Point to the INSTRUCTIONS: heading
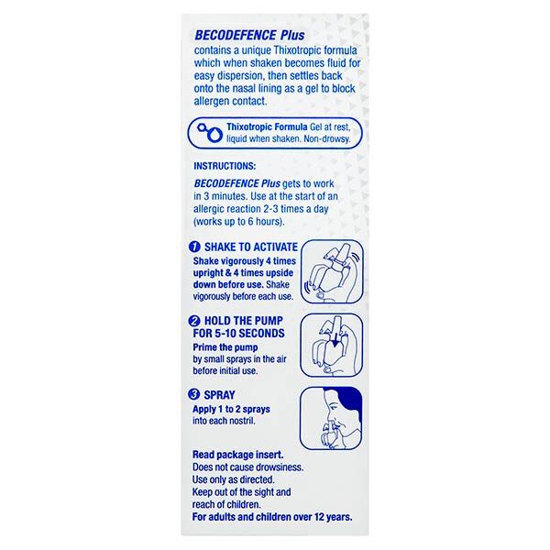[231, 168]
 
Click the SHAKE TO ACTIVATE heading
[249, 247]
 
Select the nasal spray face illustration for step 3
[327, 423]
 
